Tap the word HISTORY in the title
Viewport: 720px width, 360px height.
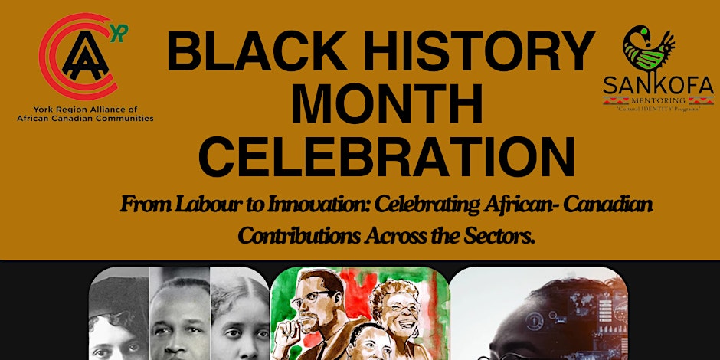click(x=479, y=51)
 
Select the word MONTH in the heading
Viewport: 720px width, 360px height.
click(x=387, y=103)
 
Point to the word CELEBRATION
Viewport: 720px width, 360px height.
click(x=387, y=156)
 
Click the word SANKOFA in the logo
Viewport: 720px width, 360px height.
click(x=658, y=86)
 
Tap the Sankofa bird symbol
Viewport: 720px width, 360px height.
click(x=648, y=48)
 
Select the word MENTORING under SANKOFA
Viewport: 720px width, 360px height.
click(x=658, y=100)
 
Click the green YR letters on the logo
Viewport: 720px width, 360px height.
click(x=119, y=33)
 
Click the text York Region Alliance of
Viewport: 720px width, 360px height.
click(x=86, y=110)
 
